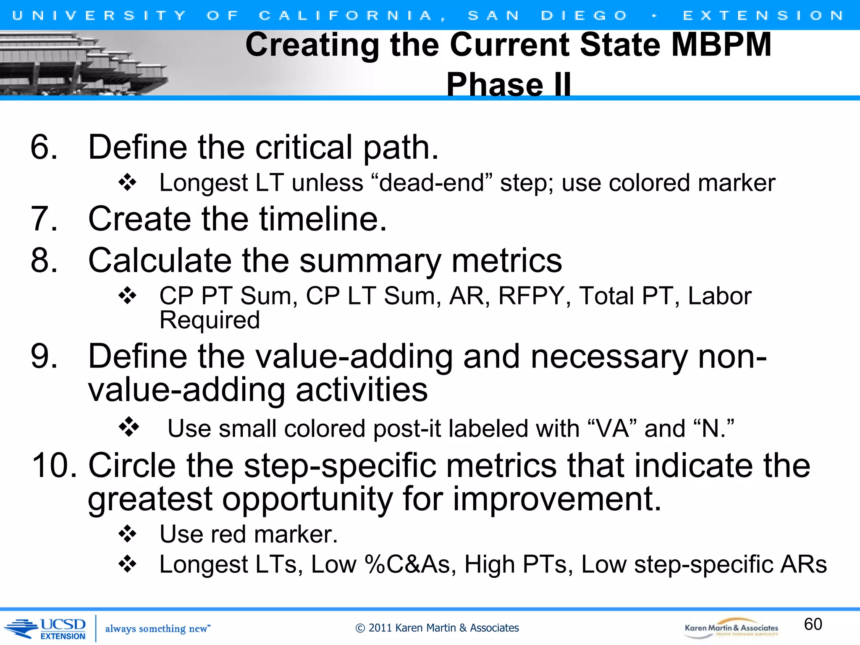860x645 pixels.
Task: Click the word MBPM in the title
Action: [721, 45]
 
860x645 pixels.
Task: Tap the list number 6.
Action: [44, 147]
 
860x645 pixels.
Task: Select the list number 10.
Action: [54, 466]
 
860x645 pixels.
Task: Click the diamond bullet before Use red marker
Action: [128, 535]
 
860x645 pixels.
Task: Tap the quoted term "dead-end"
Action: [432, 184]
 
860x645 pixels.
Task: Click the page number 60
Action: [813, 624]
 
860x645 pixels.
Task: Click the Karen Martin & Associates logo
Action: [731, 628]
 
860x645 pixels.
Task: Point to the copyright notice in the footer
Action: [437, 628]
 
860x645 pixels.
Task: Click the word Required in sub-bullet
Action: [210, 320]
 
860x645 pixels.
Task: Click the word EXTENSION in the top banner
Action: [763, 16]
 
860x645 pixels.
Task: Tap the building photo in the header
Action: [80, 63]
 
